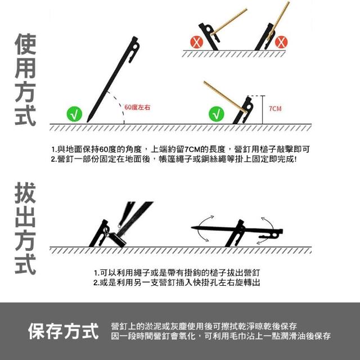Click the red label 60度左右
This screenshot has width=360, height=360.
137,107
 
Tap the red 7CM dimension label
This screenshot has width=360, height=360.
275,109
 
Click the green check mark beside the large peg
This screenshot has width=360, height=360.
74,114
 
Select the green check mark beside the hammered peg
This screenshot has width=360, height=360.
216,114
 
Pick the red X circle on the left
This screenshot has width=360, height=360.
197,42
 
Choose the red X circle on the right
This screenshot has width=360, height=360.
281,42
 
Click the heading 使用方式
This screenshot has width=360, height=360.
25,79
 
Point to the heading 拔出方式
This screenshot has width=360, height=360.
25,228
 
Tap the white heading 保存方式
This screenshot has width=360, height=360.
64,331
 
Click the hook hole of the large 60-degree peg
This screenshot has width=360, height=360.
136,47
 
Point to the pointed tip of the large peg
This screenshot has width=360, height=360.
88,121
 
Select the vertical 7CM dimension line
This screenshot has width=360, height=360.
263,110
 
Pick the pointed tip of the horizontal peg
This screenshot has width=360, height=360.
192,227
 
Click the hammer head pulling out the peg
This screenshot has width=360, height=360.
118,240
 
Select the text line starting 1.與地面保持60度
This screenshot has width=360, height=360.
181,150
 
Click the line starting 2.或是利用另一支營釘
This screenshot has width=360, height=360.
177,282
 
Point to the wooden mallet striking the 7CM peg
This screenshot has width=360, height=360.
226,97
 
